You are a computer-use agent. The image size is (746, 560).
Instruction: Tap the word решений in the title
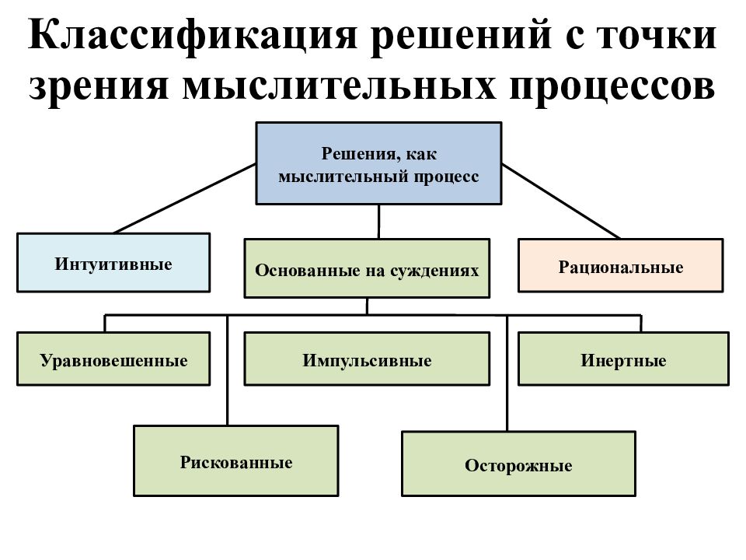462,37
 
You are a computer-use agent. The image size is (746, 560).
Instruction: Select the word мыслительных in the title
339,87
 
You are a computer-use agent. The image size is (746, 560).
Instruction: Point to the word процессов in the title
612,89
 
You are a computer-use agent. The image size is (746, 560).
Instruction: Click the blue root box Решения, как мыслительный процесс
378,163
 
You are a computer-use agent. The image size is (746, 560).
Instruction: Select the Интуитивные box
113,262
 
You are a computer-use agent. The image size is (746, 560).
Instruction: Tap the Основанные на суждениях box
367,268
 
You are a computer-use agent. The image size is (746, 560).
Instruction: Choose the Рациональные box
620,266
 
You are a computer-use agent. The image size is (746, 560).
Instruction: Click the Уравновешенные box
113,359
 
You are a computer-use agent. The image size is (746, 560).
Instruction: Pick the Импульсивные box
367,359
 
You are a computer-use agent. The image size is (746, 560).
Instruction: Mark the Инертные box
623,359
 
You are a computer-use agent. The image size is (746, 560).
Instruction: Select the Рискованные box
236,461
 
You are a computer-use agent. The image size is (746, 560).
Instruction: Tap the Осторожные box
518,464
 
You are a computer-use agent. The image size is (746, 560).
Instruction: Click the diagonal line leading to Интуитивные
185,198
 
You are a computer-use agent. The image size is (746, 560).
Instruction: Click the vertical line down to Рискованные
228,370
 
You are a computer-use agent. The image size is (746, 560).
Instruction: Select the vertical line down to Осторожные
507,373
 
